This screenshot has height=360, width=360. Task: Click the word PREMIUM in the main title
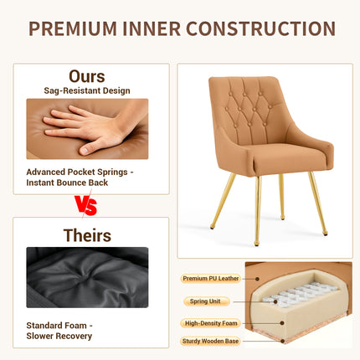click(73, 28)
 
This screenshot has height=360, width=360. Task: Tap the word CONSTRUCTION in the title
click(260, 28)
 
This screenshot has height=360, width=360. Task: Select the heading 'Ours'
click(87, 76)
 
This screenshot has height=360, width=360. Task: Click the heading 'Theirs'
click(87, 235)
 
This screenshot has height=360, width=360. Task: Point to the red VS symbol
click(86, 206)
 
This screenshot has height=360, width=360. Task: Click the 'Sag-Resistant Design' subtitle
click(87, 90)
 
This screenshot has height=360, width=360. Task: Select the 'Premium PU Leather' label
click(211, 279)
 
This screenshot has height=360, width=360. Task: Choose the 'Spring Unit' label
click(205, 301)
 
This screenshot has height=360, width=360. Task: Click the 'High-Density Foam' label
click(211, 323)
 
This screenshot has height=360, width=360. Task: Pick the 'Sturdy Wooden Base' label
click(210, 342)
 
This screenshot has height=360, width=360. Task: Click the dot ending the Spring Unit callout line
click(275, 301)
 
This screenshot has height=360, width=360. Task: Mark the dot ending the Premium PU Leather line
click(257, 279)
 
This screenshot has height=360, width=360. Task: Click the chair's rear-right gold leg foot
click(282, 218)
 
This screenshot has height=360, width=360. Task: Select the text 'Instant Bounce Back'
click(67, 183)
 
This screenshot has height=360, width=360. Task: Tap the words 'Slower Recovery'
click(59, 337)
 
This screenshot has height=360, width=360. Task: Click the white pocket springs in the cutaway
click(300, 295)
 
